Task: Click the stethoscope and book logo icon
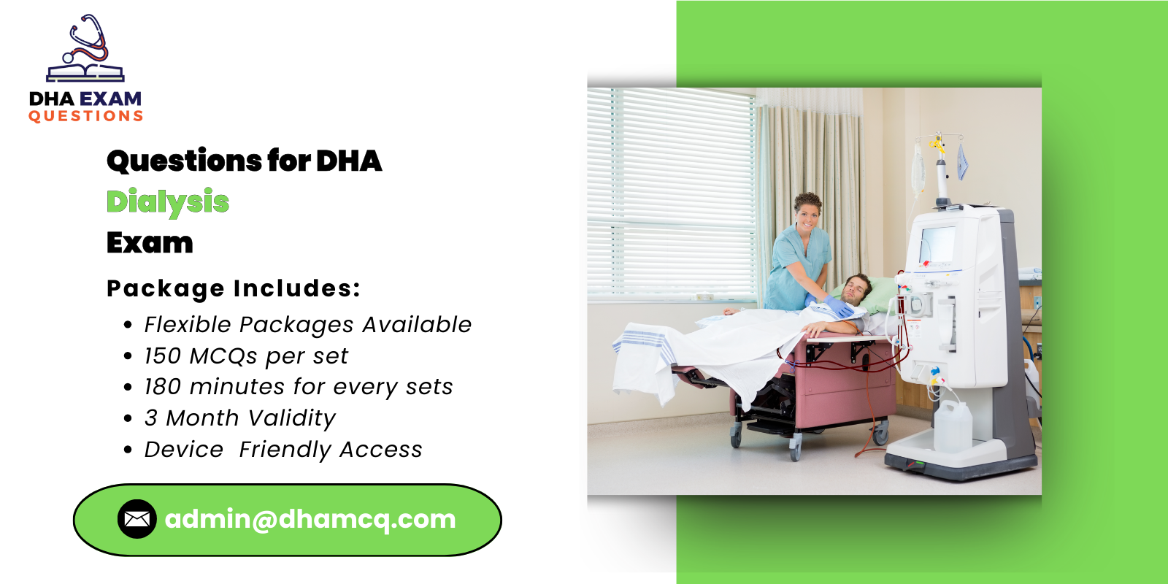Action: point(85,50)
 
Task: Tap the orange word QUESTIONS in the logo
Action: point(85,116)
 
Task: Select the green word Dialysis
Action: point(168,202)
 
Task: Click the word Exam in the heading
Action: point(150,243)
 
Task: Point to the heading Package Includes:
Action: point(234,288)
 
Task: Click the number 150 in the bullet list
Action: point(162,356)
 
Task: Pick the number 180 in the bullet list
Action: point(162,387)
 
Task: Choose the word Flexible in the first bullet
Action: point(188,325)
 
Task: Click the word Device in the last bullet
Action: point(183,450)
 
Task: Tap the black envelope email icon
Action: point(137,519)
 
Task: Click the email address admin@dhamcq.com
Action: point(310,519)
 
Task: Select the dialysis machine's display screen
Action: point(937,245)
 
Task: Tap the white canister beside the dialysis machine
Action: point(953,426)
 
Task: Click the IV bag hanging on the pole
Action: point(918,168)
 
